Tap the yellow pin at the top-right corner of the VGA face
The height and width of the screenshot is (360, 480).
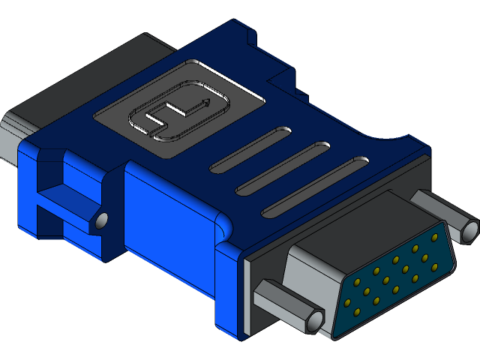click(434, 238)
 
